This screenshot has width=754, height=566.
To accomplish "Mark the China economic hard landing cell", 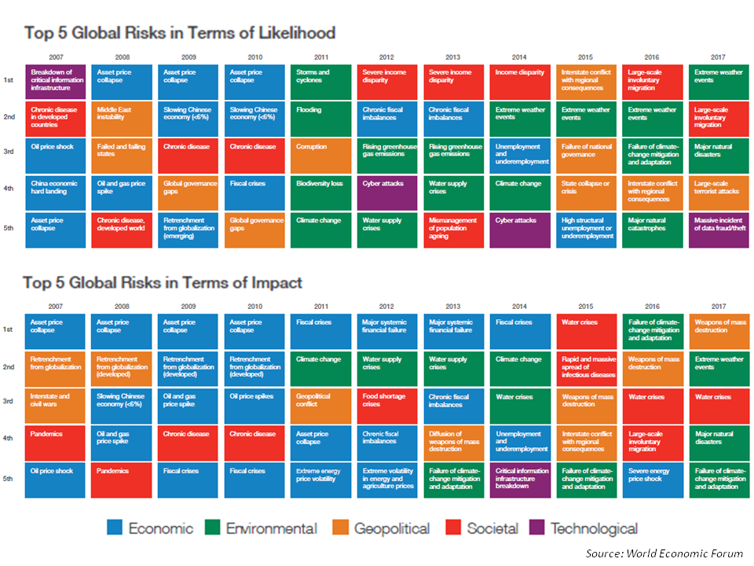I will (x=57, y=193).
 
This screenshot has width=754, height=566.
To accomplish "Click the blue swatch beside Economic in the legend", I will (x=115, y=528).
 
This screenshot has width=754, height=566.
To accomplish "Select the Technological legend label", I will (x=594, y=528).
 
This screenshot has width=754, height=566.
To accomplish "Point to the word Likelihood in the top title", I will (x=292, y=33).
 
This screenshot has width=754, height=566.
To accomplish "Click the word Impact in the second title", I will (x=274, y=282).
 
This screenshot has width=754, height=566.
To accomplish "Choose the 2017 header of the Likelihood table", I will (x=717, y=57).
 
